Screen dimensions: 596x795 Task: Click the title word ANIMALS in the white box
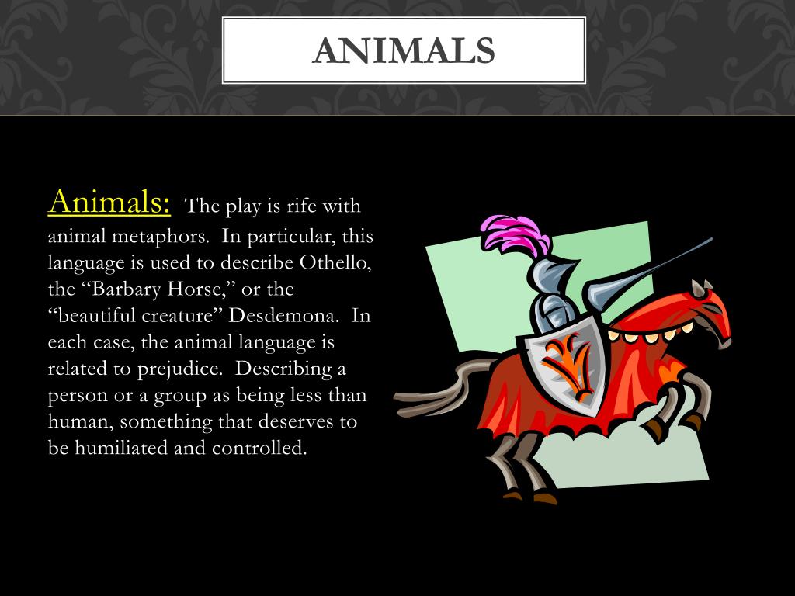coord(403,50)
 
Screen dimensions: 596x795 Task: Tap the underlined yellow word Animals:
coord(109,203)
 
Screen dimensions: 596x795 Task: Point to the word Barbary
coord(123,289)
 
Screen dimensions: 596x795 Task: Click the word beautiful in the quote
coord(99,316)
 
